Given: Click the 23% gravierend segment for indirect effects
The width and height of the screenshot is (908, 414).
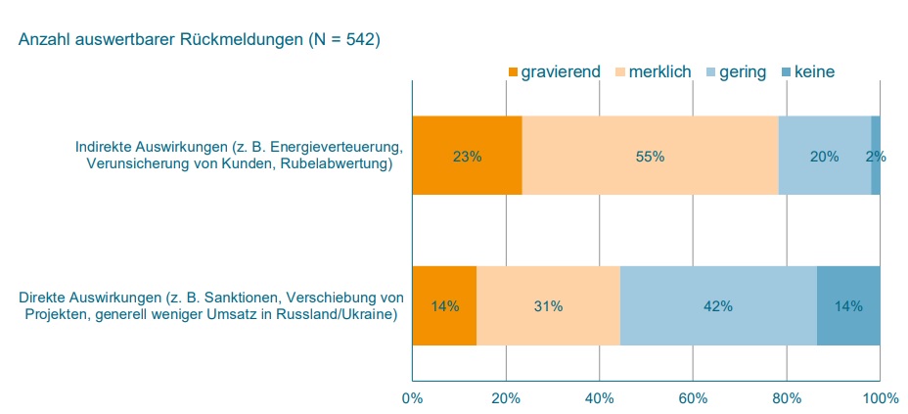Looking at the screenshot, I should click(467, 156).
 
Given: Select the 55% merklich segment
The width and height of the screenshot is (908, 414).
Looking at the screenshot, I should click(650, 156).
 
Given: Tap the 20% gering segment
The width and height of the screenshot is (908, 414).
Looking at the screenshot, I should click(824, 156).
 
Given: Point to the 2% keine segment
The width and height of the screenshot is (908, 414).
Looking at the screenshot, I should click(876, 156).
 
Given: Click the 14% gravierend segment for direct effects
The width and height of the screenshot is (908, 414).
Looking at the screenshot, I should click(444, 305).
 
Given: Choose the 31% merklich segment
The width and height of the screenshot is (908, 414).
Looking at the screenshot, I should click(548, 305).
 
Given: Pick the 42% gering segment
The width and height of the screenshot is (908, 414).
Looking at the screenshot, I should click(718, 305).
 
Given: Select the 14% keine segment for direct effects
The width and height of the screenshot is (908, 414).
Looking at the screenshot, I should click(848, 305).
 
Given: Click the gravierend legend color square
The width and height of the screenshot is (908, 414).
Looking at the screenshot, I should click(513, 72).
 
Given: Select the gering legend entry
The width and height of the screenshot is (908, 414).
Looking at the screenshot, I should click(743, 72).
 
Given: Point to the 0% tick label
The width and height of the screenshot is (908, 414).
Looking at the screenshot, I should click(412, 397).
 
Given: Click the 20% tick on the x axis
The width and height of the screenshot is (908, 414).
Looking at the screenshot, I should click(505, 397).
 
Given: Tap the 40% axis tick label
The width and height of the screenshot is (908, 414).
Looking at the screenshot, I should click(599, 397).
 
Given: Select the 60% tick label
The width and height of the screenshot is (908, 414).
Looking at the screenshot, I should click(693, 397).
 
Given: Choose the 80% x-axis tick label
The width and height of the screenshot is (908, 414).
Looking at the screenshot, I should click(787, 397).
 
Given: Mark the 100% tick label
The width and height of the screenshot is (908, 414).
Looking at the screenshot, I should click(880, 397).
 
